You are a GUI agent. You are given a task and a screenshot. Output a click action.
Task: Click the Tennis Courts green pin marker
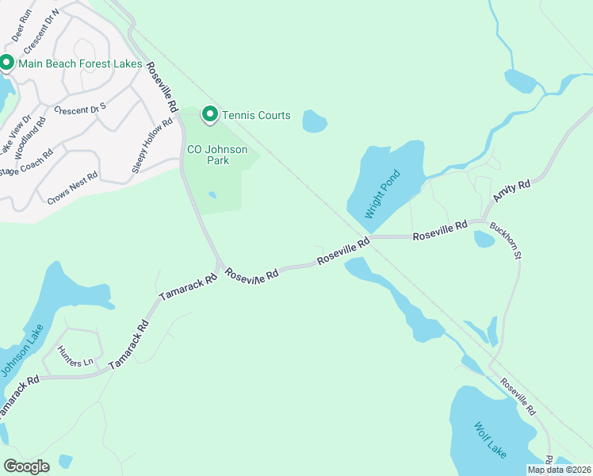click(x=209, y=115)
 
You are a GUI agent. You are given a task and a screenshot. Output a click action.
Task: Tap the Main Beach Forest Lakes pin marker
click(x=6, y=63)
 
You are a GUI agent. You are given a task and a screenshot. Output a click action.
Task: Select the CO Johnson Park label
click(x=217, y=155)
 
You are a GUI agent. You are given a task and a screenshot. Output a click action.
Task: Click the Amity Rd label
click(x=511, y=190)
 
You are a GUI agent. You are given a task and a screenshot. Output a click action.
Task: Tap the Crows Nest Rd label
click(x=72, y=188)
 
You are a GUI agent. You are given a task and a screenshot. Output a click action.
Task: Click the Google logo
click(x=26, y=466)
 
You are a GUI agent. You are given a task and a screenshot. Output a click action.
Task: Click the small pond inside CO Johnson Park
click(x=212, y=194)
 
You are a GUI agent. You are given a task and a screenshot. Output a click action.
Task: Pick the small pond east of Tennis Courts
click(x=315, y=121)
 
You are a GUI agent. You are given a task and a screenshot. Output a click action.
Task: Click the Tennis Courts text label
click(x=256, y=115)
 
